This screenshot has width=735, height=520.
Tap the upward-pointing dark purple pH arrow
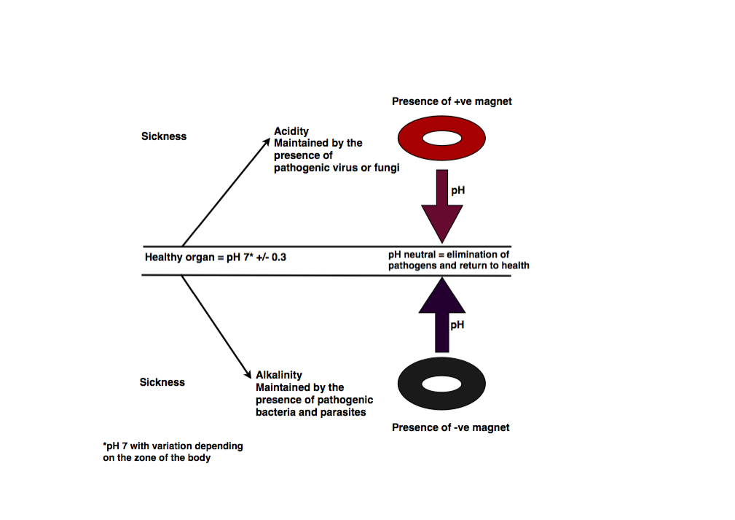(x=441, y=314)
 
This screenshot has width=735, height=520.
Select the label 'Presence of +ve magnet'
(x=452, y=101)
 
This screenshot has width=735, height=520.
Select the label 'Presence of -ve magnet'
(x=450, y=427)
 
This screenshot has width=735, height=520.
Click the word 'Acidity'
(x=291, y=131)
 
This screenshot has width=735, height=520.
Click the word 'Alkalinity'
(x=278, y=375)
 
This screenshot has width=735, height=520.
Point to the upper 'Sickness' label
(x=164, y=136)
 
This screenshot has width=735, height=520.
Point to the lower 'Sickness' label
(x=162, y=382)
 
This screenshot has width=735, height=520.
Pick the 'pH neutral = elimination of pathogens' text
(x=458, y=260)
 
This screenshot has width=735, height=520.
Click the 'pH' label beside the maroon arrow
(x=457, y=190)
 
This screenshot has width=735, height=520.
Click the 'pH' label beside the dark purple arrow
(x=457, y=325)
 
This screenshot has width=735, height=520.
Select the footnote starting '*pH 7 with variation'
(x=173, y=451)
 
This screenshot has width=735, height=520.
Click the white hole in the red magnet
(x=441, y=138)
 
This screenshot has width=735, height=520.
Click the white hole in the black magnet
(x=441, y=383)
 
